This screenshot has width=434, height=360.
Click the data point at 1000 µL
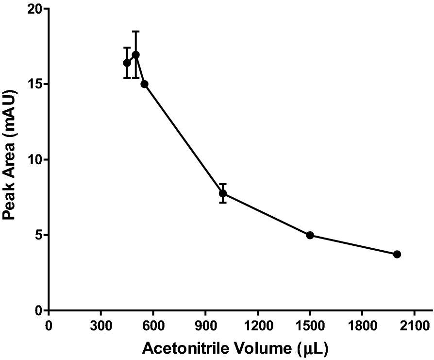223,193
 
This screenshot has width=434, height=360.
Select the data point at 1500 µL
310,235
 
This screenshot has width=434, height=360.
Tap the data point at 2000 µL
397,254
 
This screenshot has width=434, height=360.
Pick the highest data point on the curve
136,54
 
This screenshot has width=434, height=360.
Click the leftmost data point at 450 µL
127,63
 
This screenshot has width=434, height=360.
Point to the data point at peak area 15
144,84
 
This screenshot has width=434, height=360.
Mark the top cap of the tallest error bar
136,31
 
